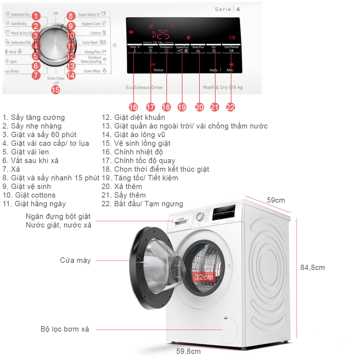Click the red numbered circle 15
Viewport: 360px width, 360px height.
(x=55, y=90)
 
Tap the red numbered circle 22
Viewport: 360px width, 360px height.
(x=230, y=107)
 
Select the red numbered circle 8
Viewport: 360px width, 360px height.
(x=71, y=15)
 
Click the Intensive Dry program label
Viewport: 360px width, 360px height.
(x=20, y=15)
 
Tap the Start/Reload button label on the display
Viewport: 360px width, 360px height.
(x=231, y=47)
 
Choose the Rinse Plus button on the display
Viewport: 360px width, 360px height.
(x=198, y=47)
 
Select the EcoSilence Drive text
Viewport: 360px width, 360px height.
(x=144, y=87)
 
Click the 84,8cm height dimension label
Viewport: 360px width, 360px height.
(x=312, y=267)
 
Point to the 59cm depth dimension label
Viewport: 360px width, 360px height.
(x=276, y=200)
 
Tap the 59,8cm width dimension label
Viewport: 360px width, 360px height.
(x=188, y=351)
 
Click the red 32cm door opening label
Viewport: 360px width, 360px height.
(x=204, y=278)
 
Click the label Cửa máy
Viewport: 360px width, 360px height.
(x=75, y=260)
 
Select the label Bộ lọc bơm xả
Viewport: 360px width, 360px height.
(x=65, y=329)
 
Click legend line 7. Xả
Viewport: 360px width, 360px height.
(x=11, y=169)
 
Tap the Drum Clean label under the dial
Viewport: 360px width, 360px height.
(x=56, y=78)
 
